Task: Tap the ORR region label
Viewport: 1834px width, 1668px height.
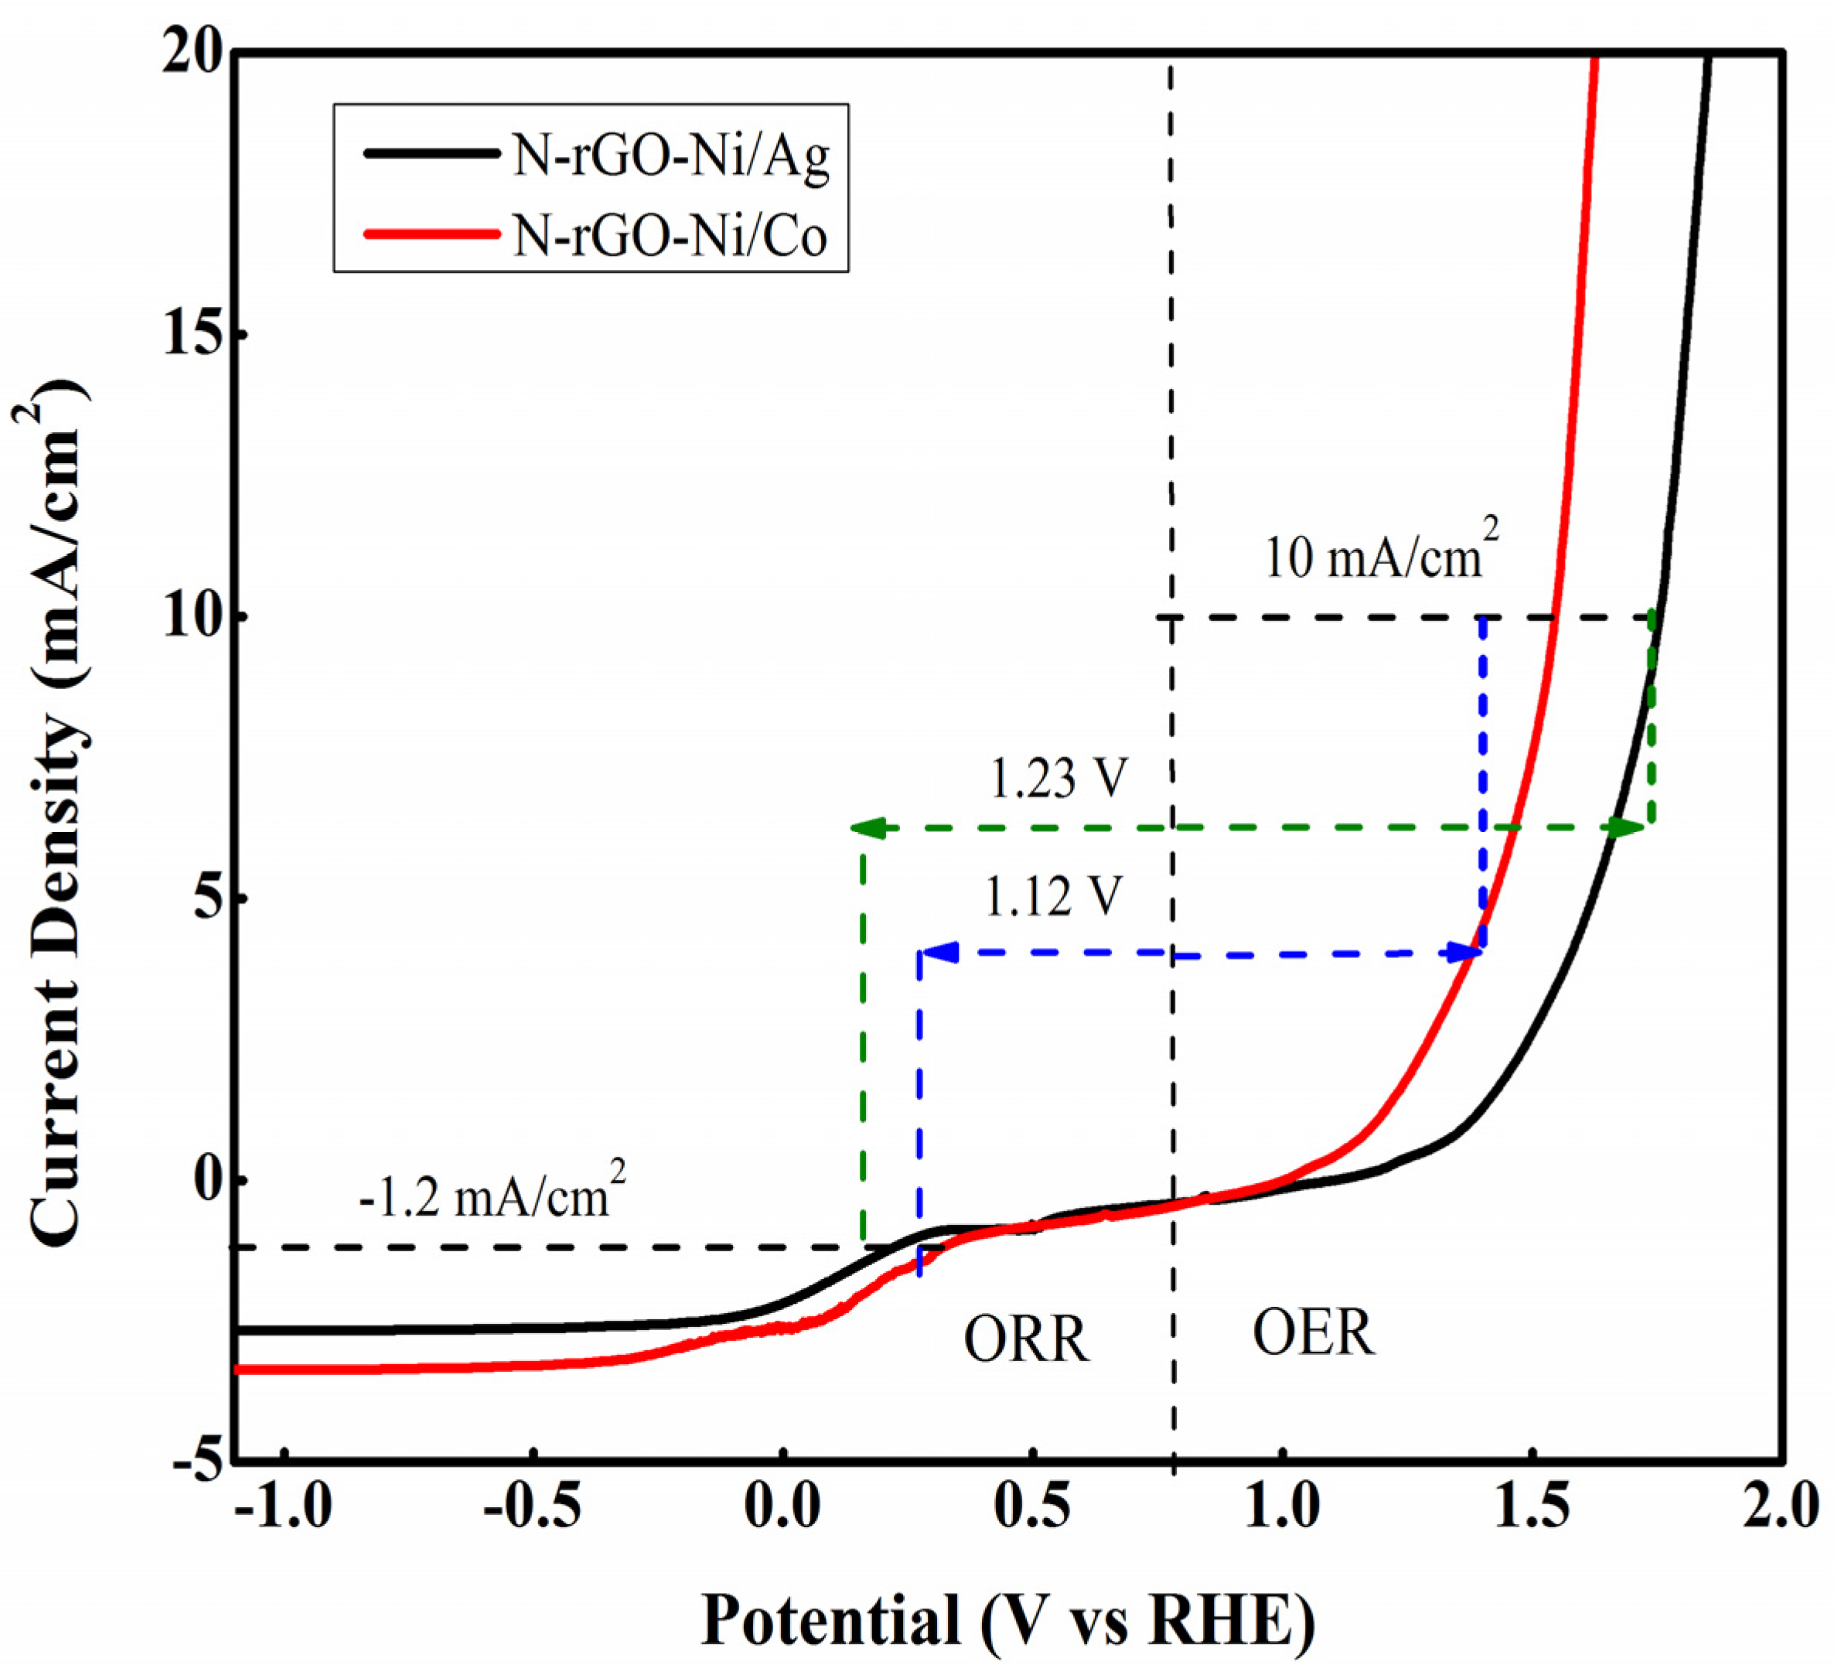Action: [x=1026, y=1340]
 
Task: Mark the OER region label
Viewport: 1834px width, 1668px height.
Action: [x=1314, y=1334]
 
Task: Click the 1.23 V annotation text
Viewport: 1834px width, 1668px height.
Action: [x=1057, y=778]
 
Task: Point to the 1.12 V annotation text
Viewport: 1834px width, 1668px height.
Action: [x=1053, y=897]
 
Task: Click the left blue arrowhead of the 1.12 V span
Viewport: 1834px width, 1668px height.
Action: [x=937, y=953]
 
